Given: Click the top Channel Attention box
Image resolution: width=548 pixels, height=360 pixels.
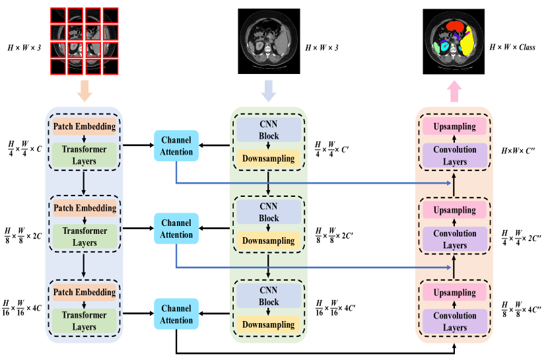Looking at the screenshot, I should (x=176, y=145).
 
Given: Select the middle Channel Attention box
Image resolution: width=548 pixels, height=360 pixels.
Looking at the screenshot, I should (x=176, y=229).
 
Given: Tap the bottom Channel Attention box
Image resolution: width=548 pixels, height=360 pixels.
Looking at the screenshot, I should (x=176, y=314).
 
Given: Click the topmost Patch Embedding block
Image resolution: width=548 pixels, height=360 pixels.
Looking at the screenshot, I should (x=85, y=126).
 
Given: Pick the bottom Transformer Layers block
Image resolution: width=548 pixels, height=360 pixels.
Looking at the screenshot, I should (x=85, y=321).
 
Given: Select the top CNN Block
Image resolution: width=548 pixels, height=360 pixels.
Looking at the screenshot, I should (x=269, y=129).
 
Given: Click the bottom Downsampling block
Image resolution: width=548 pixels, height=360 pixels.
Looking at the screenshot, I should (x=269, y=325).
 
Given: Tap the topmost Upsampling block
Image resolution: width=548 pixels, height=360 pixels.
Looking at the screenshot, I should (x=454, y=126).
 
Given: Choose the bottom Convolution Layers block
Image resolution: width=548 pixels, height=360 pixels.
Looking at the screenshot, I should (x=454, y=322).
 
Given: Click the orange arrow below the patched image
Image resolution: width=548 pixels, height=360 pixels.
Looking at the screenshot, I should (x=85, y=91).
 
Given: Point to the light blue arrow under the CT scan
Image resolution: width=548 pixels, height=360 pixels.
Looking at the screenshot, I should (x=268, y=91).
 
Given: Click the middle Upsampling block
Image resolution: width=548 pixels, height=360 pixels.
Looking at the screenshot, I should (x=454, y=210).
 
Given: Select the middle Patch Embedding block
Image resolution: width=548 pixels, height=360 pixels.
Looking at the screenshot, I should (x=85, y=208).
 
